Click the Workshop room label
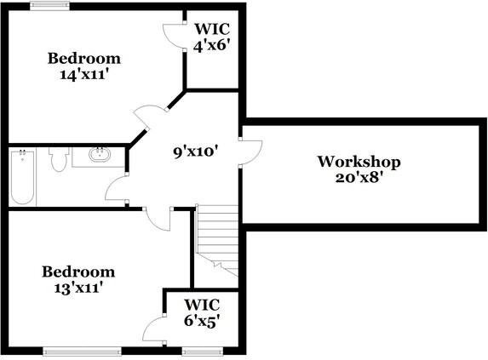point(359,162)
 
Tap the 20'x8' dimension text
point(359,178)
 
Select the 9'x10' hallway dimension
point(195,152)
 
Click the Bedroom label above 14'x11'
point(84,59)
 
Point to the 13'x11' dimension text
point(78,289)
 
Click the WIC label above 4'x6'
point(212,29)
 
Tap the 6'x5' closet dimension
point(204,321)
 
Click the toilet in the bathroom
point(59,159)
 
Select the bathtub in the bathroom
point(22,177)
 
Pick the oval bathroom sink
point(100,155)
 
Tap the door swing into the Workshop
point(251,152)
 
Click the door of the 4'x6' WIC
point(173,36)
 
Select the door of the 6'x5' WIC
point(154,329)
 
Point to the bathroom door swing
point(116,187)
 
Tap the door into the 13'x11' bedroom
point(158,220)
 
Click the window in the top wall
point(49,6)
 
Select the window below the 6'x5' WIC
point(203,351)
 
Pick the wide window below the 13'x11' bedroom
point(82,351)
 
